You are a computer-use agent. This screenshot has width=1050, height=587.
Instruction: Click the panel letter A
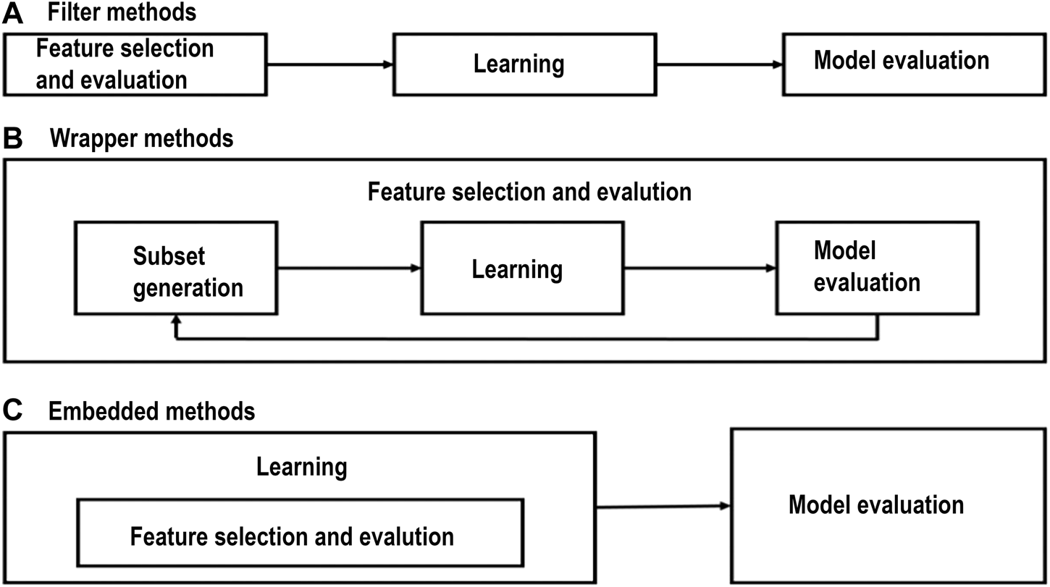coord(12,12)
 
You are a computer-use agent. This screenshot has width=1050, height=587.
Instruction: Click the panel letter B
coord(12,138)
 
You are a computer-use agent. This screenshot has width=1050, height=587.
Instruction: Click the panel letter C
coord(12,412)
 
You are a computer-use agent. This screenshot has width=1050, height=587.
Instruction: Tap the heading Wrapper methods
coord(141,138)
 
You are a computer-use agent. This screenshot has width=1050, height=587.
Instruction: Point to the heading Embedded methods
coord(151,412)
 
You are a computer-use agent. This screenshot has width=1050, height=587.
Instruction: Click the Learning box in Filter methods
coord(518,64)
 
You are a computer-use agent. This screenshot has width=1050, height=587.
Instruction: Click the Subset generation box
coord(176,269)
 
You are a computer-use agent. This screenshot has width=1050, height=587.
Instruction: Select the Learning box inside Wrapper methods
coord(521,269)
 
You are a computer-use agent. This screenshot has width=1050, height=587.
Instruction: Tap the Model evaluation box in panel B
coord(866,267)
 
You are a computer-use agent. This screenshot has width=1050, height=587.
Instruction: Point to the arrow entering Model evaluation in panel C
coord(663,506)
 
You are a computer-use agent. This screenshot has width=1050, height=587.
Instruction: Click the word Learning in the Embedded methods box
coord(301,467)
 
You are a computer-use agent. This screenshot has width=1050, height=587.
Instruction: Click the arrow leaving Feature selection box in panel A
coord(329,64)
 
